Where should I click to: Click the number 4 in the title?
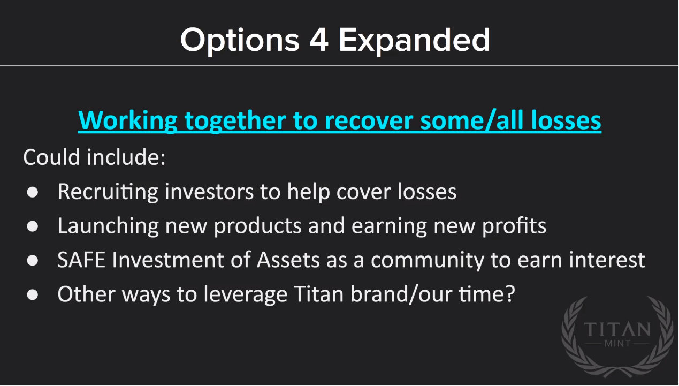pyautogui.click(x=319, y=40)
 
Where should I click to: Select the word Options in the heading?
pyautogui.click(x=240, y=41)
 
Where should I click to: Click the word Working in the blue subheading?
pyautogui.click(x=128, y=121)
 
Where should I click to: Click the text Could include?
pyautogui.click(x=95, y=157)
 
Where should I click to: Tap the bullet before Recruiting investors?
pyautogui.click(x=33, y=192)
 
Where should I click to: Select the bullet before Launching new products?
pyautogui.click(x=33, y=226)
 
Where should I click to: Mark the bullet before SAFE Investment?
pyautogui.click(x=33, y=261)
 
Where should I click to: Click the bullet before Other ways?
pyautogui.click(x=33, y=295)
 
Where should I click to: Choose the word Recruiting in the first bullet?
pyautogui.click(x=108, y=192)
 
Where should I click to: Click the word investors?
pyautogui.click(x=209, y=192)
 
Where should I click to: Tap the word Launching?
pyautogui.click(x=108, y=226)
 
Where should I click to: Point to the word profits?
pyautogui.click(x=514, y=226)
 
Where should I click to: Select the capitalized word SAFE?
pyautogui.click(x=81, y=260)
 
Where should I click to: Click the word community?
pyautogui.click(x=427, y=261)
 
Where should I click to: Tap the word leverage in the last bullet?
pyautogui.click(x=245, y=295)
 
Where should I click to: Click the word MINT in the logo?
pyautogui.click(x=617, y=343)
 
